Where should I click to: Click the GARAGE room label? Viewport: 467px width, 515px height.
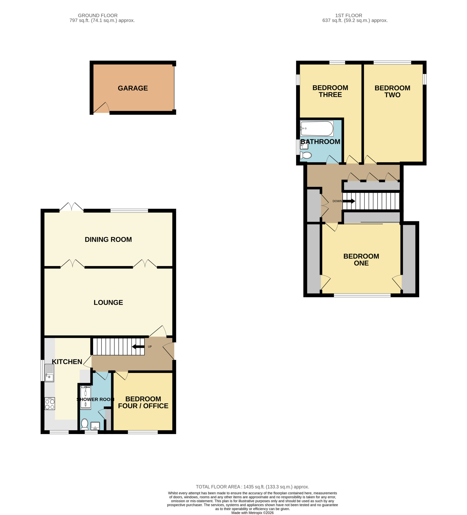pyautogui.click(x=133, y=88)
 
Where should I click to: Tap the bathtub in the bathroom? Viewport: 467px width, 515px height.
pyautogui.click(x=317, y=129)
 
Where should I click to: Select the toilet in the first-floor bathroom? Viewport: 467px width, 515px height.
pyautogui.click(x=306, y=155)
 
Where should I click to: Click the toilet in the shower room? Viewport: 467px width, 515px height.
pyautogui.click(x=85, y=424)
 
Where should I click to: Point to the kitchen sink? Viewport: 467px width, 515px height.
pyautogui.click(x=49, y=373)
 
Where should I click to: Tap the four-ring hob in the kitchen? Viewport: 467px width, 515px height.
pyautogui.click(x=50, y=403)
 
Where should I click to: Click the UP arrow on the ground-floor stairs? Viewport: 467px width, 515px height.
pyautogui.click(x=138, y=347)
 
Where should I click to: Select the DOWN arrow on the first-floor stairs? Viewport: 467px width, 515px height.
pyautogui.click(x=349, y=201)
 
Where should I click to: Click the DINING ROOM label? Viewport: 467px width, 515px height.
pyautogui.click(x=108, y=239)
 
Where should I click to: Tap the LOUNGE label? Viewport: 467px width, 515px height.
pyautogui.click(x=108, y=302)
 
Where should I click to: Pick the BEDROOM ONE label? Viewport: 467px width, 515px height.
pyautogui.click(x=361, y=260)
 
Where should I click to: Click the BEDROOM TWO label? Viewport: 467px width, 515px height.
pyautogui.click(x=392, y=91)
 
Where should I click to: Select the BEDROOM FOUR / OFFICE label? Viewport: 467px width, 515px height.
pyautogui.click(x=143, y=402)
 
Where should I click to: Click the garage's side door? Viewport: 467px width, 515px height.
pyautogui.click(x=101, y=108)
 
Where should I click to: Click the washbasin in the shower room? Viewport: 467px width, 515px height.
pyautogui.click(x=95, y=426)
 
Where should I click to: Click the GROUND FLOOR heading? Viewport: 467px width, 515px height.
pyautogui.click(x=98, y=15)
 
